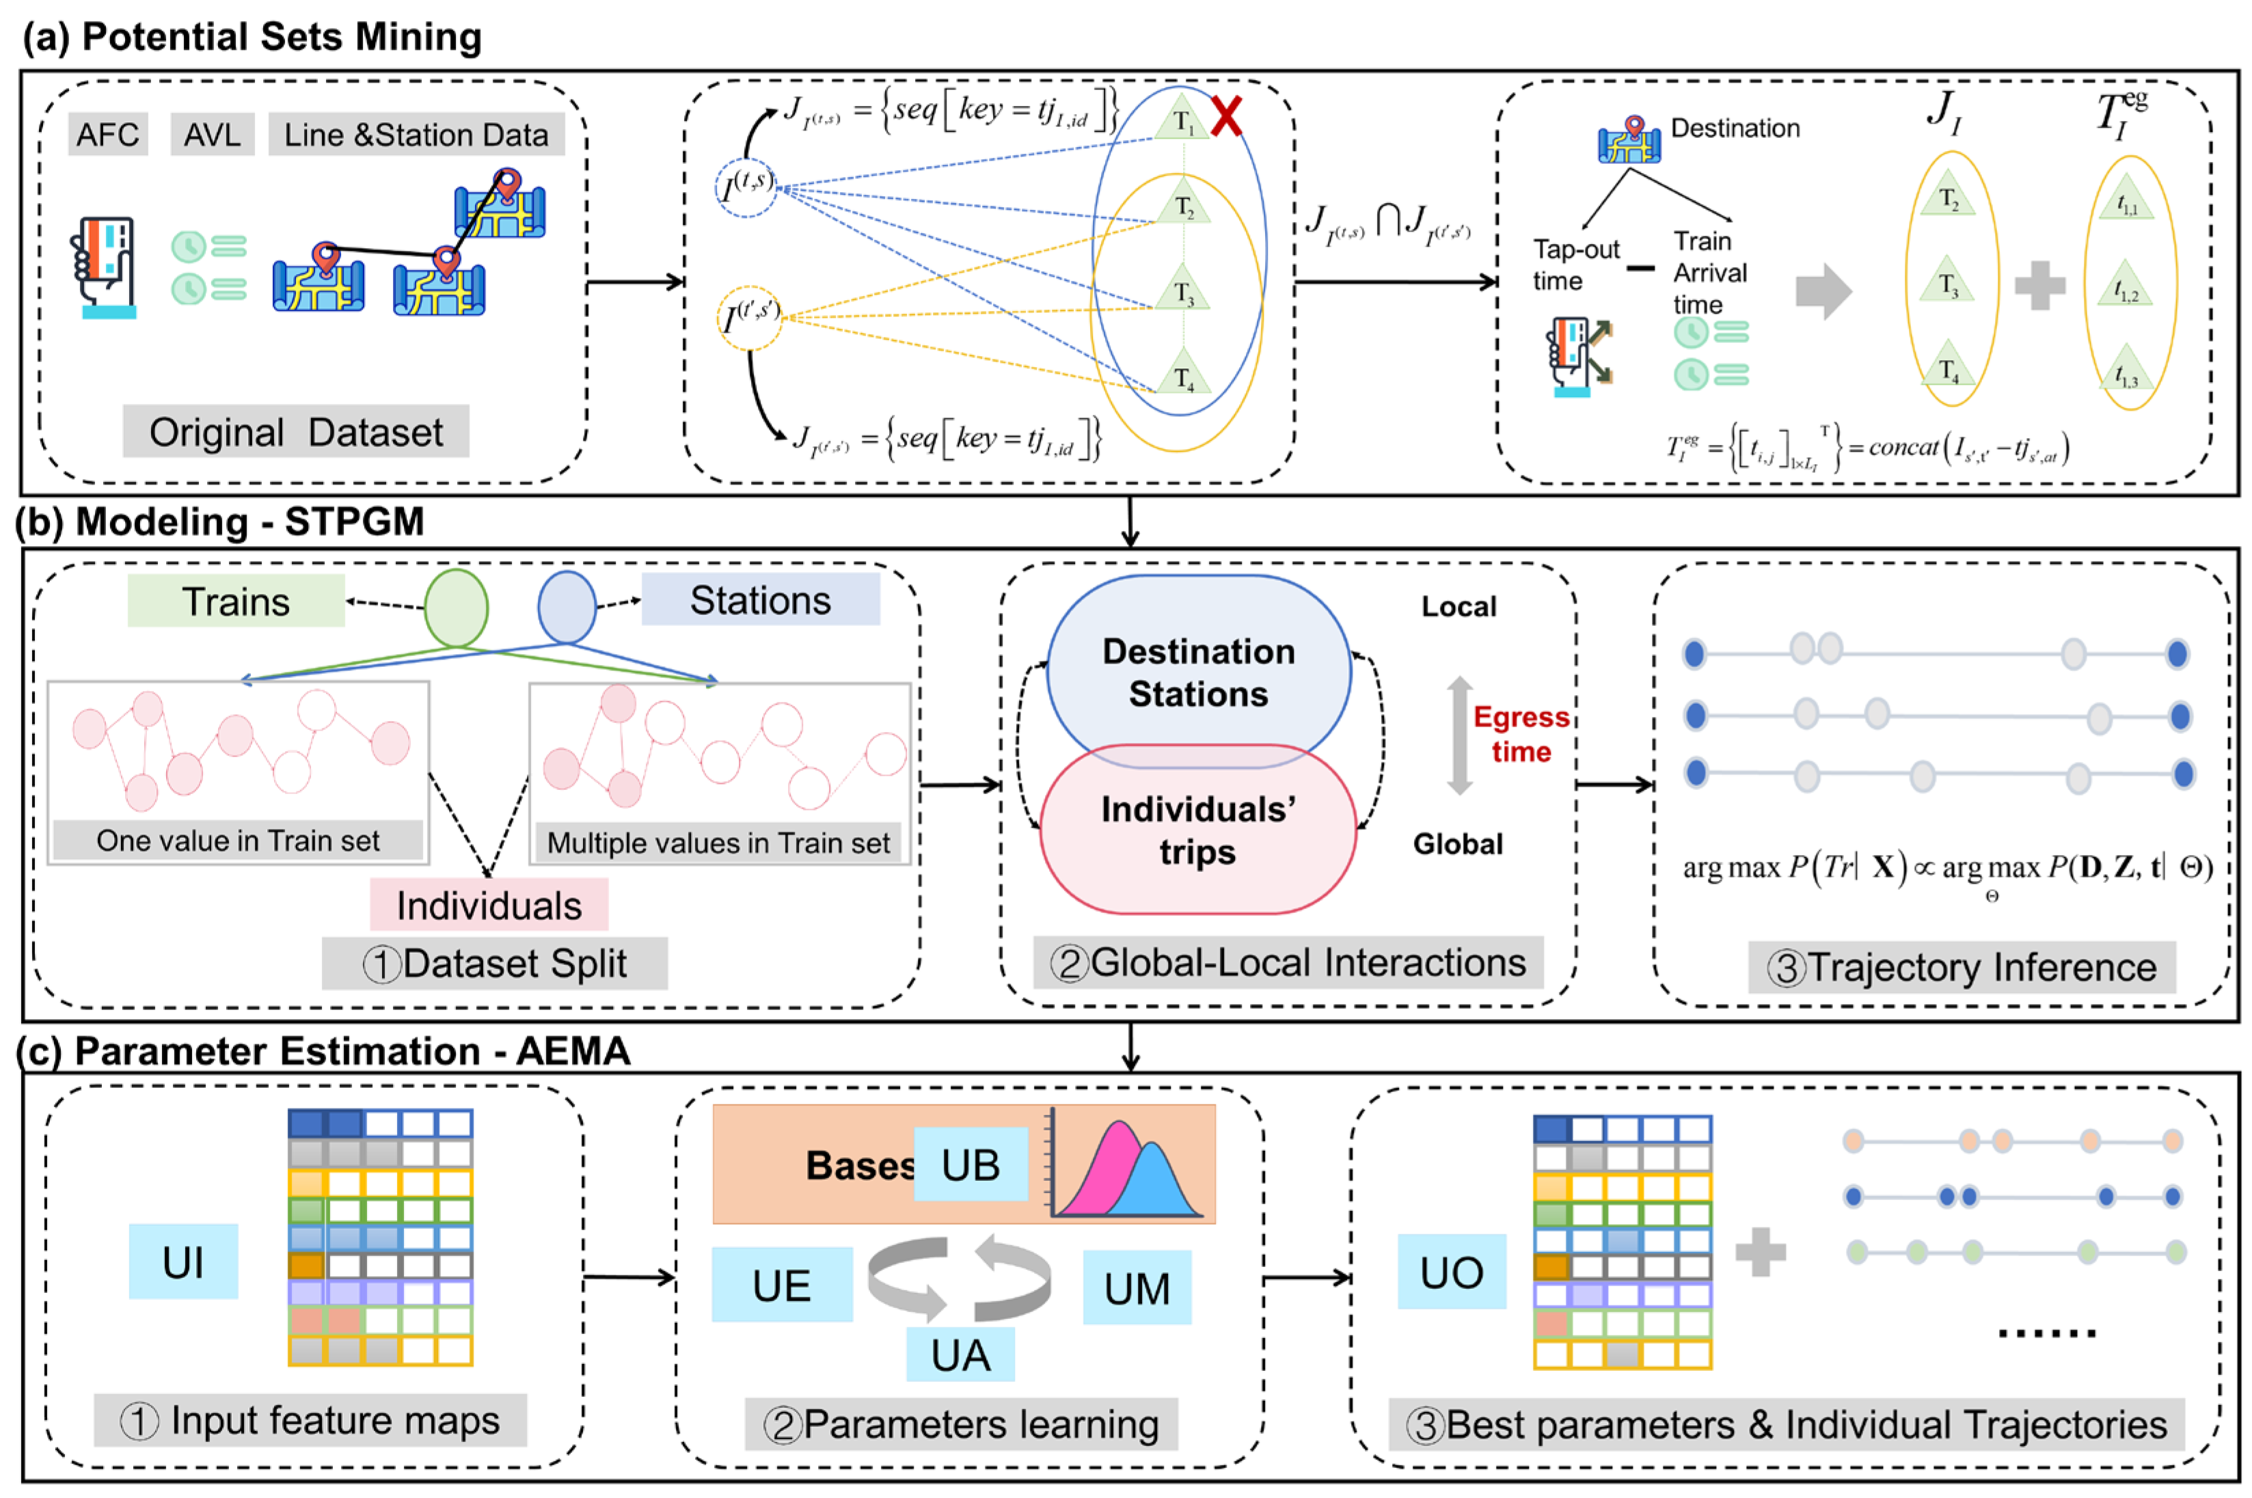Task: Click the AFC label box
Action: click(x=107, y=134)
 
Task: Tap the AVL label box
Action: click(x=212, y=134)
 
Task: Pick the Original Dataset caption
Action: click(x=295, y=432)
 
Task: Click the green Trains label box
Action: click(x=236, y=601)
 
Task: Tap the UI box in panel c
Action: click(x=182, y=1261)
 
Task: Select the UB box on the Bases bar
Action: click(x=970, y=1164)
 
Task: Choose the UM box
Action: click(x=1136, y=1288)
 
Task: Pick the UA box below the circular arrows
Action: click(x=960, y=1354)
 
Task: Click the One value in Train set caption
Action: click(x=237, y=840)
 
